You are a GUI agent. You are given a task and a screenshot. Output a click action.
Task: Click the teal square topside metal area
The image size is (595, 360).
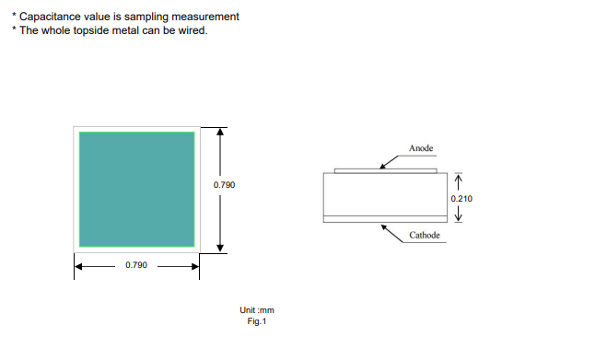point(136,190)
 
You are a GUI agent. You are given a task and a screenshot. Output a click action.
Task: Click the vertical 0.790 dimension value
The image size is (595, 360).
point(224,185)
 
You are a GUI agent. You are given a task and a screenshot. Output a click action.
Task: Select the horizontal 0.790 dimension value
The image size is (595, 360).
point(136,265)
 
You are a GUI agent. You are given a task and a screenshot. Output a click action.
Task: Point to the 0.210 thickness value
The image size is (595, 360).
point(461,198)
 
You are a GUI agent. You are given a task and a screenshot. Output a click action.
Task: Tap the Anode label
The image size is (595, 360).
point(421,148)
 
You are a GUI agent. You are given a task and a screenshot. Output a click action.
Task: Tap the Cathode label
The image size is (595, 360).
point(425,235)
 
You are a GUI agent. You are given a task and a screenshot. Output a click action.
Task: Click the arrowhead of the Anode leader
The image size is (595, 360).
point(382,166)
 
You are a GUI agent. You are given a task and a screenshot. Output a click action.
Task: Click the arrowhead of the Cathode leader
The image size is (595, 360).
point(384,227)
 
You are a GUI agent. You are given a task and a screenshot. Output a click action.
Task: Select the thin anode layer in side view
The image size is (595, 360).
point(386,171)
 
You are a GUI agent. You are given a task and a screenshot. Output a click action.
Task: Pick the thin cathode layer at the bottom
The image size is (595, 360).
point(385,219)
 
